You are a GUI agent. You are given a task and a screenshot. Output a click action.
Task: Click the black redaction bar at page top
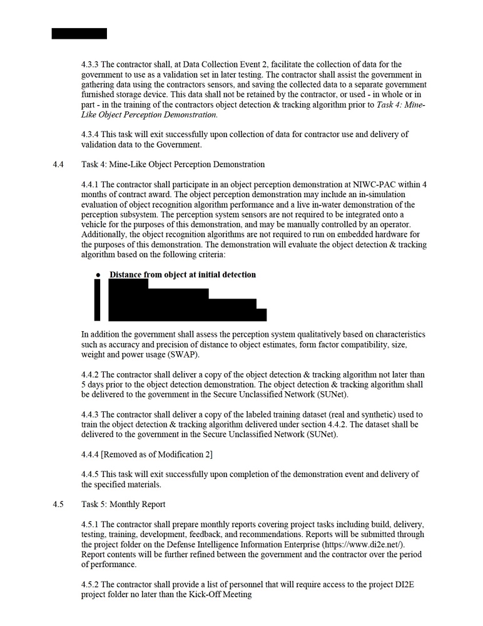(x=79, y=33)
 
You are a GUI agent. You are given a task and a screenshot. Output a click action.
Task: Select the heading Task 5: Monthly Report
(x=123, y=504)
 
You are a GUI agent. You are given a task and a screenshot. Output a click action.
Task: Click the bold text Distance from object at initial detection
(x=183, y=275)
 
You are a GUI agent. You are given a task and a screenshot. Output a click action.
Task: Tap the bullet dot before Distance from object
(x=98, y=275)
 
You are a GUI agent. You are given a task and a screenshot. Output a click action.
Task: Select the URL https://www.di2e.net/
(x=363, y=545)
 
